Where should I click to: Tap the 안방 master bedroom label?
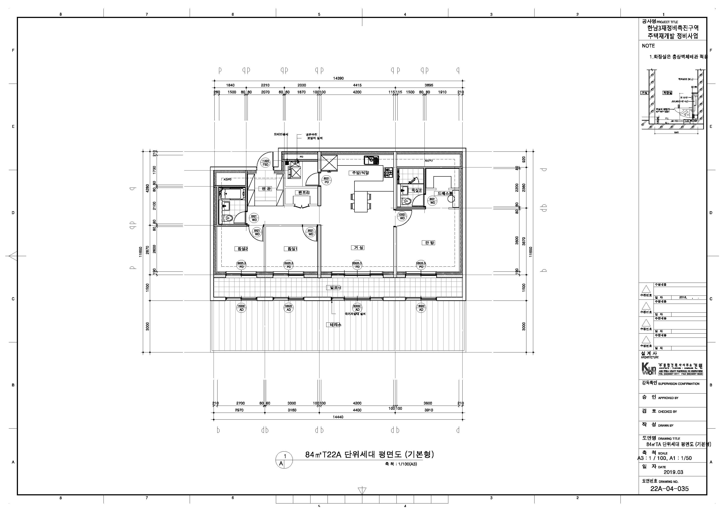click(429, 243)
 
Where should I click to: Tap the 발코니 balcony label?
click(335, 287)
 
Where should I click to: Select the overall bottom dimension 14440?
click(338, 417)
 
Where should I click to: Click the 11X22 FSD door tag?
click(265, 163)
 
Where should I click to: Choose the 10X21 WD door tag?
click(402, 216)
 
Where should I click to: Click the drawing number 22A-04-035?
click(670, 489)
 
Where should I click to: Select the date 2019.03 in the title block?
click(673, 472)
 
